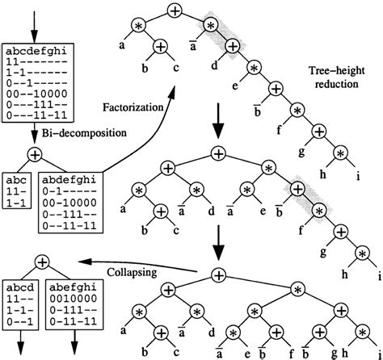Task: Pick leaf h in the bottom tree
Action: point(345,352)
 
